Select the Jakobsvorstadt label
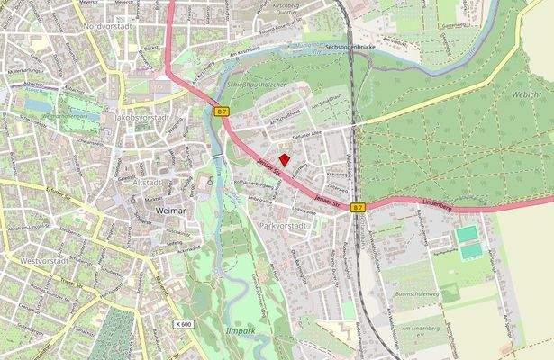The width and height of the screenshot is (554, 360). tap(141, 118)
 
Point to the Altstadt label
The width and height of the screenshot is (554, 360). tap(148, 182)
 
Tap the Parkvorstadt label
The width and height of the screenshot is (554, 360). tap(283, 224)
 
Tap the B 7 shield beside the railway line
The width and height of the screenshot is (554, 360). tap(359, 207)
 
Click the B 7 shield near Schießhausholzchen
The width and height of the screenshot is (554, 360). tap(221, 112)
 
